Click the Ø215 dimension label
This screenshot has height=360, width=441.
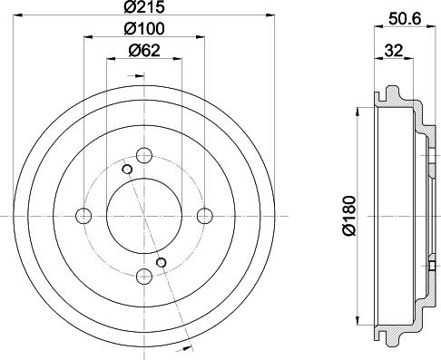coord(145,8)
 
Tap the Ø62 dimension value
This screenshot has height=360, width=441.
coord(145,51)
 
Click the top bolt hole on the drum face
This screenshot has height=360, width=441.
coord(144,153)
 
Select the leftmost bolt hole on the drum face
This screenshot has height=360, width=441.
coord(83,215)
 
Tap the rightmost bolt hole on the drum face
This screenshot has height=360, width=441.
coord(205,215)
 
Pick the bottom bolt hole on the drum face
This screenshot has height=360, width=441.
coord(144,276)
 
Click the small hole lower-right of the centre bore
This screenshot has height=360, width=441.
coord(162,262)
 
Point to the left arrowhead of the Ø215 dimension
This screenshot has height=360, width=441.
coord(17,16)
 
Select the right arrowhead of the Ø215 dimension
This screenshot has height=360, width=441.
coord(270,16)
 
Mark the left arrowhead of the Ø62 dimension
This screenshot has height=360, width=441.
coord(111,59)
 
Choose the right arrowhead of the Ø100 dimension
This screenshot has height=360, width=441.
coord(202,37)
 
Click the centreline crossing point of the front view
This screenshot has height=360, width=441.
coord(144,215)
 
